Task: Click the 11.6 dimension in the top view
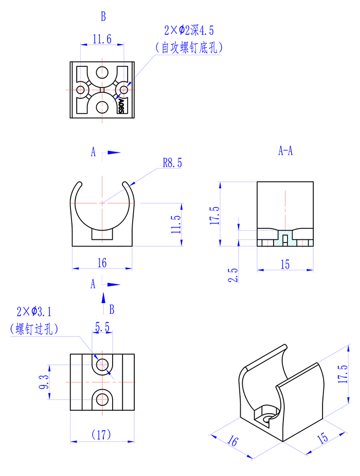102,39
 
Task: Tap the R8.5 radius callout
172,163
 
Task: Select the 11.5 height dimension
175,224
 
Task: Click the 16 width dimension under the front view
102,263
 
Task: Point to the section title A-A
285,151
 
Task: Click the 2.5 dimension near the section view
232,275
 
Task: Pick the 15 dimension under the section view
285,265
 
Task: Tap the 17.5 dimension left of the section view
214,216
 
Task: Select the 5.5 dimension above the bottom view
102,327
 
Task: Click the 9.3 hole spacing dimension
44,382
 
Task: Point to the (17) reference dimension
101,435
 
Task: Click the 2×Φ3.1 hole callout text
34,312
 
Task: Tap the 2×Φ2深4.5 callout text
189,30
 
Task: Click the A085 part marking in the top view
121,105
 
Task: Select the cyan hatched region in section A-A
285,238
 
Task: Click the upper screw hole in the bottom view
102,364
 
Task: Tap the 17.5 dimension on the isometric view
343,374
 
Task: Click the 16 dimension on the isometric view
233,441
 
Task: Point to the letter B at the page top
103,16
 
